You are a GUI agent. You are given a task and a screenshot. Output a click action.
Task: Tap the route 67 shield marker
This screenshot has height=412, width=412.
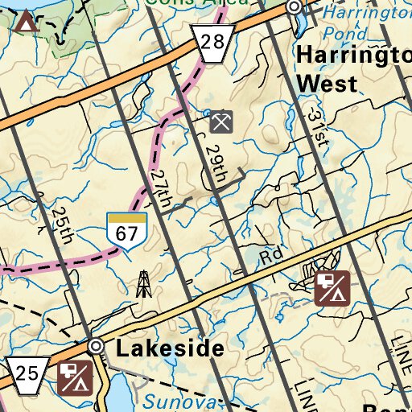127,232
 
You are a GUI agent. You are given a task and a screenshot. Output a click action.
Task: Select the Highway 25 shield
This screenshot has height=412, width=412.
24,374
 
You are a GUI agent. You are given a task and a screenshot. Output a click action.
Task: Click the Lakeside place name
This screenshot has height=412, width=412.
169,348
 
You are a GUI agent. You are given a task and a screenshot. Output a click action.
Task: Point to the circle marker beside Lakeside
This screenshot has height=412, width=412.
97,347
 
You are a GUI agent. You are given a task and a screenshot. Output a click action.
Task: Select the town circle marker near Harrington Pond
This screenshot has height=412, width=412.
295,7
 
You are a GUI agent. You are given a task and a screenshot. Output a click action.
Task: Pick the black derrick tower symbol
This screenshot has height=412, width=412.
144,283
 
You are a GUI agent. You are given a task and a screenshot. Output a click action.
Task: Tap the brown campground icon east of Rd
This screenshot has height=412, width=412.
332,290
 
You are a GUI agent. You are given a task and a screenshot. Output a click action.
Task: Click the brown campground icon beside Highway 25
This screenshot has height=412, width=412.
75,378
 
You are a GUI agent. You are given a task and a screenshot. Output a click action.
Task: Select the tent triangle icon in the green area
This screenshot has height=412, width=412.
27,21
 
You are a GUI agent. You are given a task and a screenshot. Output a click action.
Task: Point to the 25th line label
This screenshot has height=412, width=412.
61,225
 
